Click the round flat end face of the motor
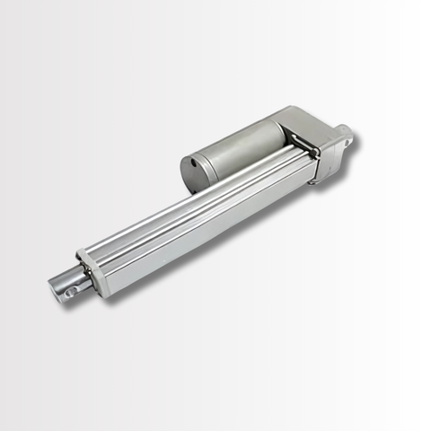[194, 172]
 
